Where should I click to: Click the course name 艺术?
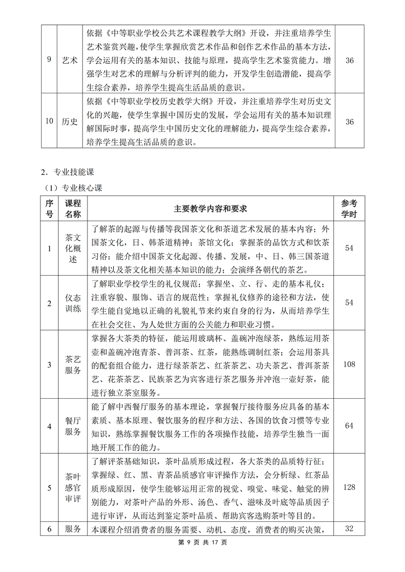click(x=70, y=60)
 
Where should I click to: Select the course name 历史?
click(x=70, y=121)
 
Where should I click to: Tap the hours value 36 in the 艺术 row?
click(x=349, y=60)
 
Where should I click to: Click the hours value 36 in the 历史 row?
click(x=349, y=121)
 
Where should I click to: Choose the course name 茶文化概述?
click(x=73, y=248)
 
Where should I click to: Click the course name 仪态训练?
click(x=73, y=303)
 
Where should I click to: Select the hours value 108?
click(x=349, y=364)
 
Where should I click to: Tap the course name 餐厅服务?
click(x=73, y=426)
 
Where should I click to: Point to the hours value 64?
click(x=349, y=426)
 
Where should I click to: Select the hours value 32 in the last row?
click(x=349, y=528)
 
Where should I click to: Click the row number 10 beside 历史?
click(x=50, y=121)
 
